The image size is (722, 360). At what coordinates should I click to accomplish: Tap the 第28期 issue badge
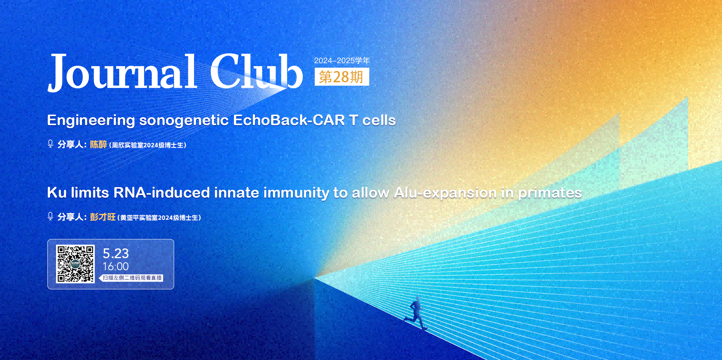(x=342, y=77)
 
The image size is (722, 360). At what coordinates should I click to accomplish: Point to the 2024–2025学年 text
(x=342, y=61)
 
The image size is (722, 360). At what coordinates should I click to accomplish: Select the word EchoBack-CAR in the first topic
(x=289, y=120)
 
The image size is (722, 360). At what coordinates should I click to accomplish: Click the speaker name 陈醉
(x=99, y=144)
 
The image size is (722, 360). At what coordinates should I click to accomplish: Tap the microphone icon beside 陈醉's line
(x=50, y=144)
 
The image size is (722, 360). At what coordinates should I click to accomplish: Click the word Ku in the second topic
(x=57, y=193)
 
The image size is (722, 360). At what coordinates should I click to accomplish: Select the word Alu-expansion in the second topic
(x=445, y=193)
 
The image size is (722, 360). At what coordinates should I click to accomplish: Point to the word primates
(x=550, y=193)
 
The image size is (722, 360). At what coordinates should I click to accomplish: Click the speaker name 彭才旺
(x=103, y=217)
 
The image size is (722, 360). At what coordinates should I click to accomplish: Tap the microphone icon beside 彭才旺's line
(x=50, y=216)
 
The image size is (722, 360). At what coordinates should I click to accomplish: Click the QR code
(x=75, y=264)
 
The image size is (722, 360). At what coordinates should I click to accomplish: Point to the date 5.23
(x=116, y=254)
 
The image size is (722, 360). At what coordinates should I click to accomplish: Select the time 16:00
(x=116, y=266)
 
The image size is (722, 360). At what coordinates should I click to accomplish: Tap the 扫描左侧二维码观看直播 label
(x=132, y=278)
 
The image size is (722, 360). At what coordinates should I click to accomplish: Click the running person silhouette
(x=415, y=313)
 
